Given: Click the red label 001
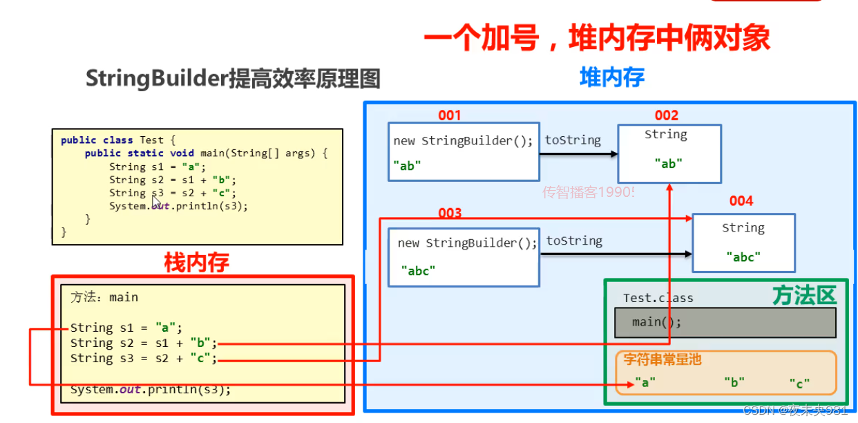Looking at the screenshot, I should pos(449,115).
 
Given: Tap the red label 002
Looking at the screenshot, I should pos(667,115).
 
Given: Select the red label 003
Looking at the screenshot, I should pos(450,213).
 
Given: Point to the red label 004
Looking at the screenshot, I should pos(741,201).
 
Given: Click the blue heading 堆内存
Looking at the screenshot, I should pos(612,77).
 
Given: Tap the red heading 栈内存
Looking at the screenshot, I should pos(196,263).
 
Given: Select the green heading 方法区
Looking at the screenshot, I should pos(804,296).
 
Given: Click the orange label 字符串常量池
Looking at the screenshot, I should pos(662,359).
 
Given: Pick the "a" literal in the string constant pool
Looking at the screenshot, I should pos(645,382).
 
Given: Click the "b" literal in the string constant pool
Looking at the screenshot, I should pos(734,382).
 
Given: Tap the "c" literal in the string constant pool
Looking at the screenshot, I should pos(799,382).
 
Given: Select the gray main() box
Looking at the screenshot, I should pos(725,322).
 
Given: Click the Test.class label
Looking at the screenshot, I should pos(658,298).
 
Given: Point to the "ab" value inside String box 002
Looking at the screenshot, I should pos(668,164).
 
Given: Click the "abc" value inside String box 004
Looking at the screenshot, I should pos(743,256).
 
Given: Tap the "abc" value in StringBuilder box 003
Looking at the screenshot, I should pos(419,270).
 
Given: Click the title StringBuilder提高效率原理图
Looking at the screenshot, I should pos(233,79).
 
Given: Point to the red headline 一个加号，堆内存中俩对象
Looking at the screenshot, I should pos(597,39).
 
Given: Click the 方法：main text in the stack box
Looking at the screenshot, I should pos(104,297).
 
